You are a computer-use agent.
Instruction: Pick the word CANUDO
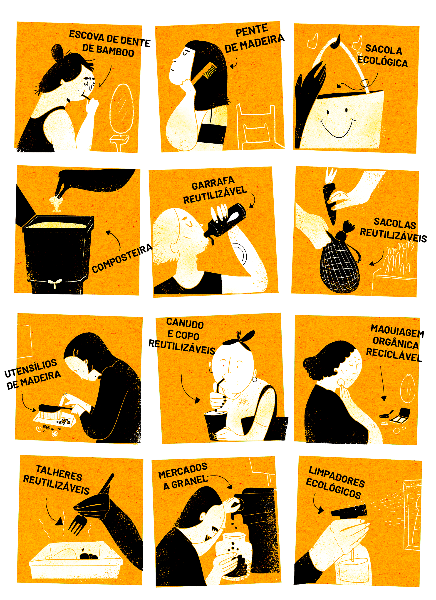pos(185,323)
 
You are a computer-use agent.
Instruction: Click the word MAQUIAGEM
pos(397,331)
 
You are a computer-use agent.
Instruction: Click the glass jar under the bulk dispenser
pos(233,555)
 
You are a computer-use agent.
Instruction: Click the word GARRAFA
pos(213,183)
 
